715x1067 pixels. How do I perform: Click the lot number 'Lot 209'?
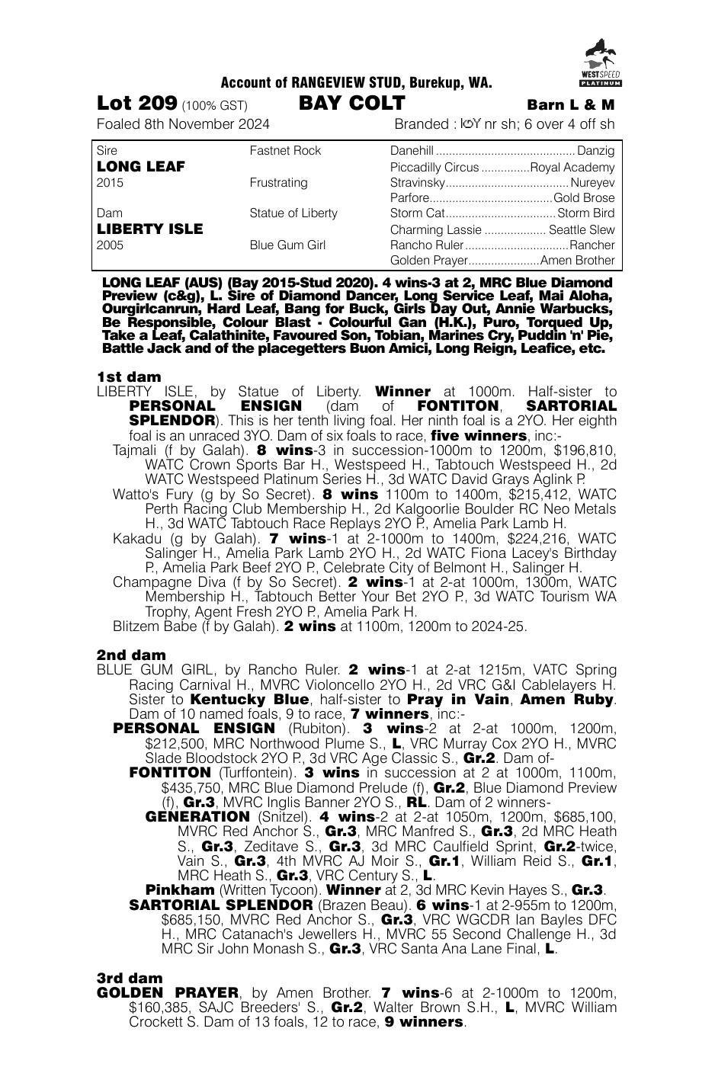click(x=137, y=104)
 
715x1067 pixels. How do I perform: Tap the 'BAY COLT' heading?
click(x=351, y=104)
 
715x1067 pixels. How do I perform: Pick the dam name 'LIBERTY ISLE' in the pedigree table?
click(x=150, y=229)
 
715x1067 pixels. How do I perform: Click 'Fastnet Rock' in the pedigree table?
click(x=285, y=151)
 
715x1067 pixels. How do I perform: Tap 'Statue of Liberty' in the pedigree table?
click(x=293, y=213)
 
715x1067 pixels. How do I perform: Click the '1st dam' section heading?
click(x=129, y=376)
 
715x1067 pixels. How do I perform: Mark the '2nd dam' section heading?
click(x=131, y=655)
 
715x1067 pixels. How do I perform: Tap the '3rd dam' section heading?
click(x=130, y=978)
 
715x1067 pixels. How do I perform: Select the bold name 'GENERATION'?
click(x=197, y=816)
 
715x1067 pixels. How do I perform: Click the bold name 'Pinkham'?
click(x=180, y=890)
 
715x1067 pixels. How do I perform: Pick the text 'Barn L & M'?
click(x=570, y=105)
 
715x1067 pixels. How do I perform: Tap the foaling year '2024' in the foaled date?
click(x=254, y=124)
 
